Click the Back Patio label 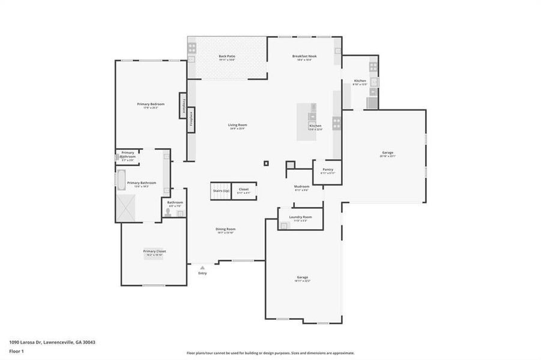tap(226, 56)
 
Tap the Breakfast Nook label tap(304, 56)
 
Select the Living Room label tap(237, 125)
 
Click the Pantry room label tap(327, 170)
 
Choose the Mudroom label tap(301, 187)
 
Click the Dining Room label tap(225, 229)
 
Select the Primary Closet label tap(154, 251)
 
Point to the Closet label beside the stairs tap(243, 190)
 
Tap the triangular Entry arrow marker tap(202, 267)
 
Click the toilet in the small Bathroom tap(168, 211)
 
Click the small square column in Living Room tap(266, 162)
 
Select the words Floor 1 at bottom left tap(17, 350)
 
